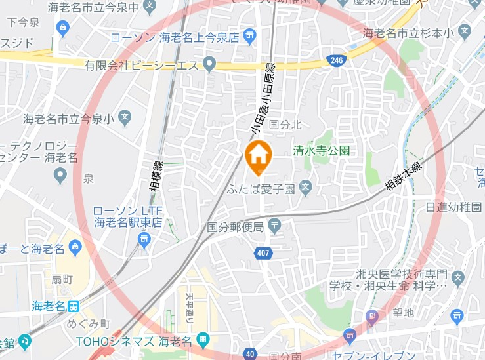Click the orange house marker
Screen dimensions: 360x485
[259, 157]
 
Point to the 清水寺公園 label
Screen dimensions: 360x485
[322, 150]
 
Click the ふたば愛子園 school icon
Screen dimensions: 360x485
[305, 189]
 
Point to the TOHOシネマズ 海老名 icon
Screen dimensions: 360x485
[203, 340]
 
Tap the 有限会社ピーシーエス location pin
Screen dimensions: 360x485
[209, 64]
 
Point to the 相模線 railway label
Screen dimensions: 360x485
[158, 176]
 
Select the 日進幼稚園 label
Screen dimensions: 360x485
[453, 207]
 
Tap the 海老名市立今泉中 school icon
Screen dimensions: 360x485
[149, 7]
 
